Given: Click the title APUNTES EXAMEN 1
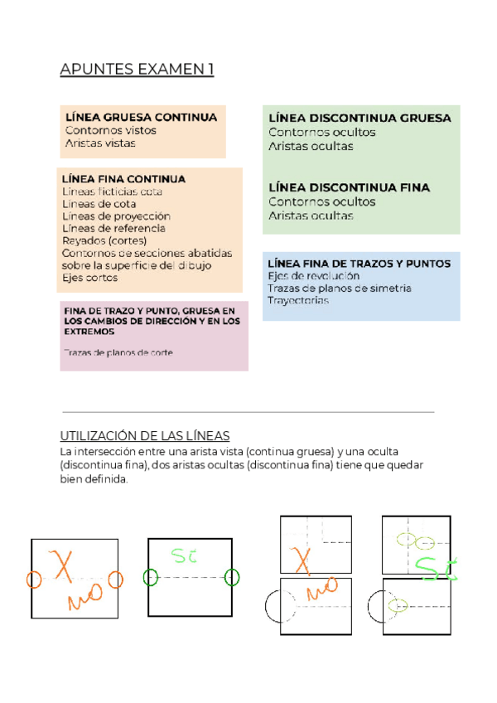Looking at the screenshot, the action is pyautogui.click(x=137, y=70).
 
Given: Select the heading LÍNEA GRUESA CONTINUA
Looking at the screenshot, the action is pyautogui.click(x=141, y=117).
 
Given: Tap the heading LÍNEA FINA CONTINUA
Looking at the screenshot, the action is pyautogui.click(x=124, y=179).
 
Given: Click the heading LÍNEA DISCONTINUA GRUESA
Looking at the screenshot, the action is pyautogui.click(x=359, y=119).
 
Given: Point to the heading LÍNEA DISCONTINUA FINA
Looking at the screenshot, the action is pyautogui.click(x=349, y=188).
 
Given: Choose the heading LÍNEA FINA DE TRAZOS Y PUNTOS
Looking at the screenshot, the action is pyautogui.click(x=359, y=264).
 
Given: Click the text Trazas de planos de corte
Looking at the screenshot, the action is pyautogui.click(x=118, y=352).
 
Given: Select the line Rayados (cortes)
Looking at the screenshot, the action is pyautogui.click(x=99, y=240).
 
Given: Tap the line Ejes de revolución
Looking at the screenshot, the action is pyautogui.click(x=313, y=276).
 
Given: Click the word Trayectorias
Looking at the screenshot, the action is pyautogui.click(x=297, y=300).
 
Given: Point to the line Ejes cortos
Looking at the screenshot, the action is pyautogui.click(x=89, y=278).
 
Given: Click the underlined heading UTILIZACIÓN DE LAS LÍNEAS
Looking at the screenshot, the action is pyautogui.click(x=145, y=436).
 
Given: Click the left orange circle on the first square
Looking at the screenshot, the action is pyautogui.click(x=34, y=579).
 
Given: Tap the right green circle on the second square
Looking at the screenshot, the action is pyautogui.click(x=231, y=577).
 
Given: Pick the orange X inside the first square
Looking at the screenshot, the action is pyautogui.click(x=63, y=565).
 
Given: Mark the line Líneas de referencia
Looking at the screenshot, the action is pyautogui.click(x=113, y=228).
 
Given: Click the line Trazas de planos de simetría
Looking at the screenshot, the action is pyautogui.click(x=339, y=288).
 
